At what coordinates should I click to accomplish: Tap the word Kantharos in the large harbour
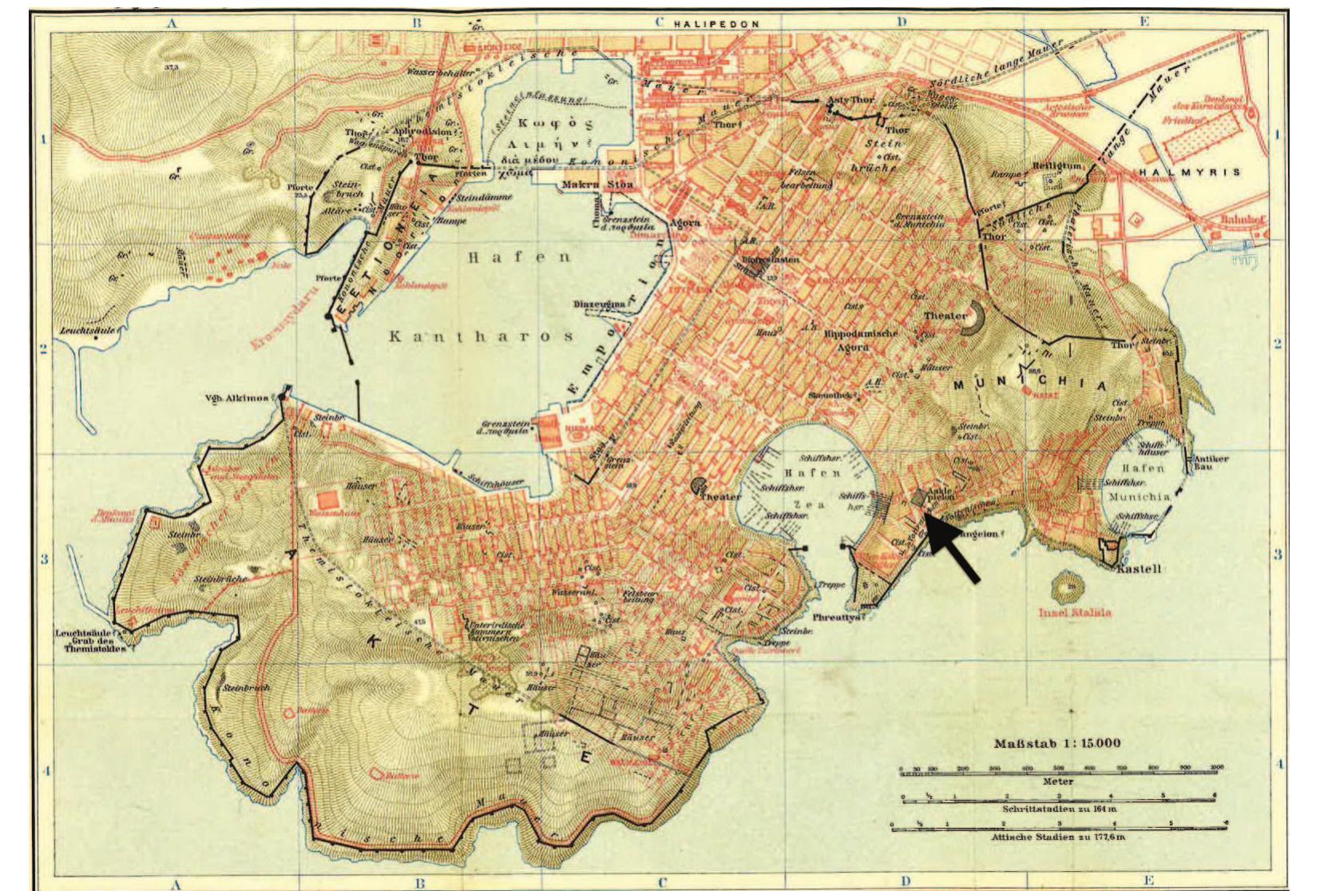[482, 336]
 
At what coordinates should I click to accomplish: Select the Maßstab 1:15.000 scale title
[1057, 743]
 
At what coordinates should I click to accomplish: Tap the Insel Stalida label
[1075, 614]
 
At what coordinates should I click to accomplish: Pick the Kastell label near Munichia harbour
[1139, 569]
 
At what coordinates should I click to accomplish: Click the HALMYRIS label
[1190, 172]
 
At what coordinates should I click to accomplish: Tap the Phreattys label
[836, 617]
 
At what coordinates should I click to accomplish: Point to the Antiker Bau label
[1211, 463]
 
